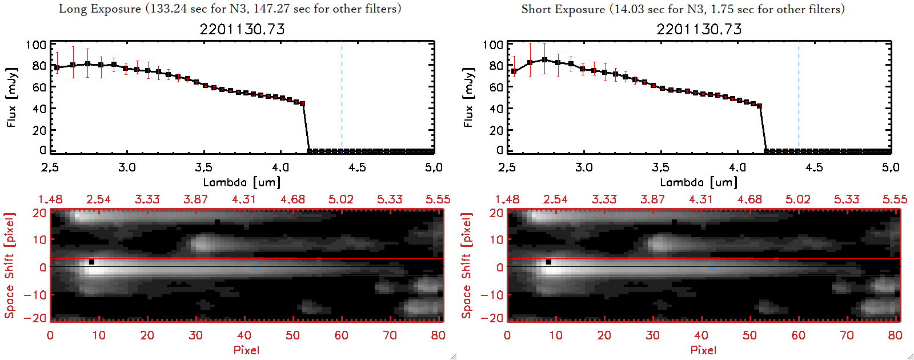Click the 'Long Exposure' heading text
click(x=100, y=9)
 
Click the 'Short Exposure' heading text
click(x=563, y=9)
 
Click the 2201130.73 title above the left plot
click(x=242, y=29)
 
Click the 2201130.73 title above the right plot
click(x=699, y=29)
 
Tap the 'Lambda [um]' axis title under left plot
click(x=242, y=182)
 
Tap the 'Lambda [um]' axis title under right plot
click(x=699, y=182)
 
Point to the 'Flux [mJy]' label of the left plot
click(x=12, y=97)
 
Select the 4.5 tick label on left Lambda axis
click(x=357, y=167)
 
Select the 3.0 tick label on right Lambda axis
click(x=584, y=167)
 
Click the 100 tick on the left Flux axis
click(x=36, y=45)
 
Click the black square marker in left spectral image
click(x=91, y=262)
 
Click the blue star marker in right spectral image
click(x=712, y=266)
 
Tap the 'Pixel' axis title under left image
click(x=246, y=350)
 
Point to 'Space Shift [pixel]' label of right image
click(x=467, y=266)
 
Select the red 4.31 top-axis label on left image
click(x=244, y=199)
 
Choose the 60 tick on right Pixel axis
click(x=798, y=335)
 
